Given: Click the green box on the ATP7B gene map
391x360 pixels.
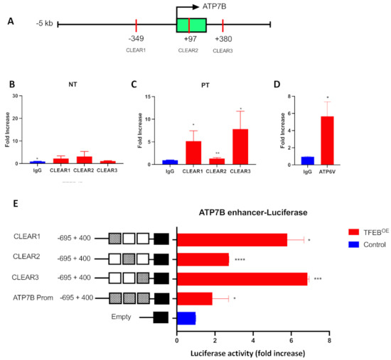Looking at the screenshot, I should pos(191,25).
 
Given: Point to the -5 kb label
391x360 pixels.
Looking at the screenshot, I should pos(43,23).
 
